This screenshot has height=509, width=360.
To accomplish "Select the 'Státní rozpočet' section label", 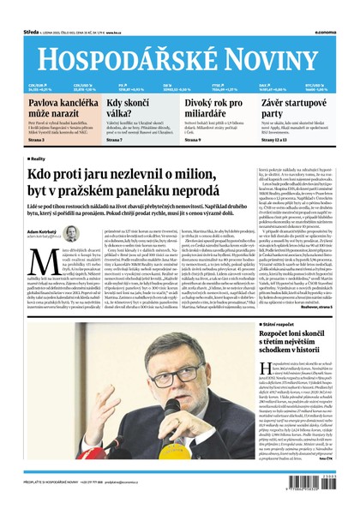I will [x=277, y=326].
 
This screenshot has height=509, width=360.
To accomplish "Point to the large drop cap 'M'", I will [x=38, y=260].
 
